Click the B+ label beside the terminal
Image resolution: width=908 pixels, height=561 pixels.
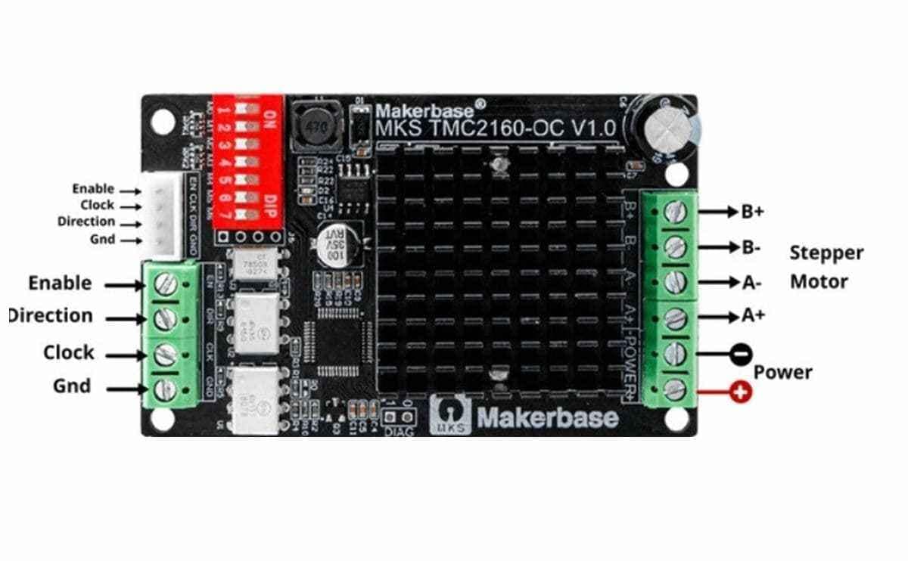click(752, 212)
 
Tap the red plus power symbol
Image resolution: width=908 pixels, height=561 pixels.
click(742, 392)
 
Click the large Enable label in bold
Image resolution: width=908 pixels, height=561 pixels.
click(60, 283)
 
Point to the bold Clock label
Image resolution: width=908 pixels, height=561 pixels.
click(68, 352)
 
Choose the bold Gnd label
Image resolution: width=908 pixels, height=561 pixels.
click(71, 386)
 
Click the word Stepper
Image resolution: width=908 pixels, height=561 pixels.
click(826, 253)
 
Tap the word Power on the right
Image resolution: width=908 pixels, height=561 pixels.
click(782, 372)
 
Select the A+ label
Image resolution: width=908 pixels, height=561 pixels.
click(753, 315)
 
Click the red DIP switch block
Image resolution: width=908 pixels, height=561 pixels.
click(247, 161)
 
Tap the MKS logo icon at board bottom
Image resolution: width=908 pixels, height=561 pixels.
click(449, 414)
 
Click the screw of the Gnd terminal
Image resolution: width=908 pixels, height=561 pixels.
click(166, 389)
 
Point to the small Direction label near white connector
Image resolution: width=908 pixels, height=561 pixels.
click(86, 222)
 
